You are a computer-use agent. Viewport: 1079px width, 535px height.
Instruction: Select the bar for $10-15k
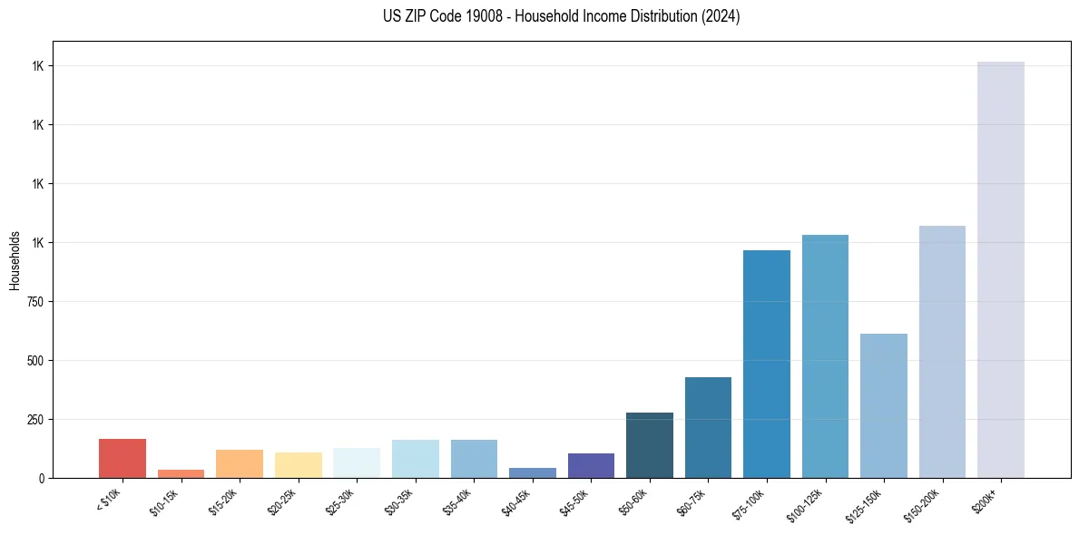pos(181,473)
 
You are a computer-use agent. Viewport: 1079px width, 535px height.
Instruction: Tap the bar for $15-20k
pos(240,463)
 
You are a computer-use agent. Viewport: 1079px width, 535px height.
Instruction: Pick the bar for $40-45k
pos(533,472)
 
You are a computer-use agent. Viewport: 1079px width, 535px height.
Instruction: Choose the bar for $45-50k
pos(591,465)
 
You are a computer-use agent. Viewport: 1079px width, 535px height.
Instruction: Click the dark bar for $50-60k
pos(650,445)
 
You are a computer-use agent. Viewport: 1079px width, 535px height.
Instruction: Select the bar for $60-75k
pos(708,427)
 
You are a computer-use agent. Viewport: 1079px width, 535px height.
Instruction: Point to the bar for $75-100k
pos(767,364)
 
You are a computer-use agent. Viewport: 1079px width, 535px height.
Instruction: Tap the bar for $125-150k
pos(884,405)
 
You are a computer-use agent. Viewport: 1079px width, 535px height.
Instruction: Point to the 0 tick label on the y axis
pos(42,478)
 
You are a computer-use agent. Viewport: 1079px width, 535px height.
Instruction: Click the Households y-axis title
pos(15,259)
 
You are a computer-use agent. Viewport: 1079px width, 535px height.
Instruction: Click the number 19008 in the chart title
pos(462,16)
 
